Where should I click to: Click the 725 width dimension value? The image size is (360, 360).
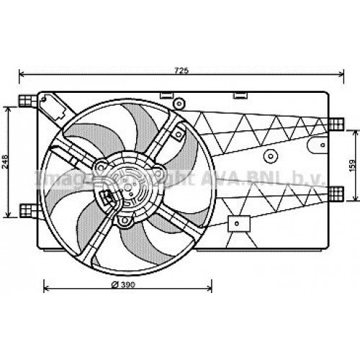pos(181,70)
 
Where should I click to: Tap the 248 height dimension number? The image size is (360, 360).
pos(6,161)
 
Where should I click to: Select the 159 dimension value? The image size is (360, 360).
pos(352,166)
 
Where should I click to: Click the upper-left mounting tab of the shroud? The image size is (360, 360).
pos(27,99)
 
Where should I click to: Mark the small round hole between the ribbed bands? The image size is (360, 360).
pos(271,156)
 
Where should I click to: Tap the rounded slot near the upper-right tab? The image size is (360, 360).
pos(313,144)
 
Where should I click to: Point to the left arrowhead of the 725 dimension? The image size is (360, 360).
pos(22,74)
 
